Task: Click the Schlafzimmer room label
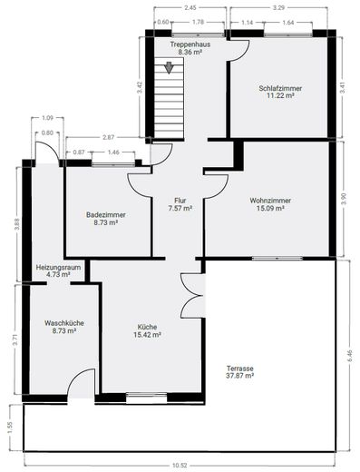[280, 88]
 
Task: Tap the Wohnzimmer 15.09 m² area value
[270, 208]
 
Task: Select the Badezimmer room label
[106, 215]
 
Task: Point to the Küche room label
[147, 327]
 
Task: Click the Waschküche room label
[64, 323]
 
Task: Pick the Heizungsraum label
[58, 268]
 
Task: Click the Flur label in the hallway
[180, 201]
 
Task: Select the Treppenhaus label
[190, 44]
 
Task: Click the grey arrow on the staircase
[169, 67]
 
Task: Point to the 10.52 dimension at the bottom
[180, 466]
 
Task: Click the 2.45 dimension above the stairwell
[190, 8]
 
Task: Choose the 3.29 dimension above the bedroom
[278, 8]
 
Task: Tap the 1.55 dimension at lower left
[10, 428]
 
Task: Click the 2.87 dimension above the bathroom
[108, 137]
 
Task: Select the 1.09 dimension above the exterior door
[47, 118]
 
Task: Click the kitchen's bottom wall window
[147, 398]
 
